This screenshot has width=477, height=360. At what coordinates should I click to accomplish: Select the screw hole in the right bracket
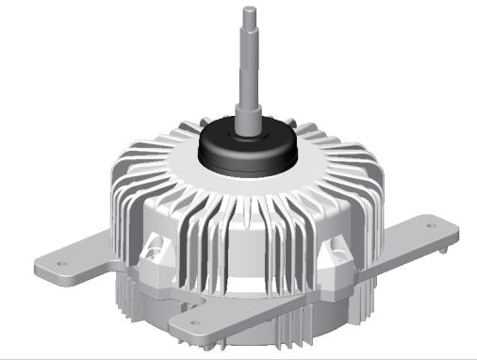click(x=432, y=226)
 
